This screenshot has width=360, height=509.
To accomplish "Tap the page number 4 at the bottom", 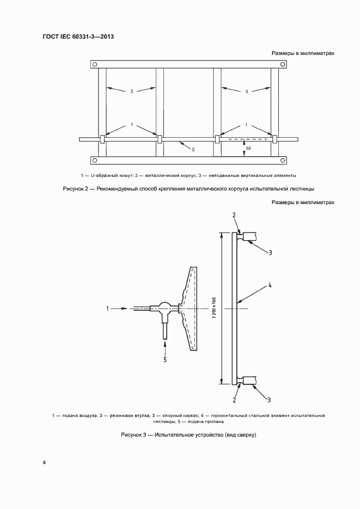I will [45, 463].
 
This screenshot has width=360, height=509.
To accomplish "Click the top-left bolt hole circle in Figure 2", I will [95, 65].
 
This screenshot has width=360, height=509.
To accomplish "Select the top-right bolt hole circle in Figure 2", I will [283, 65].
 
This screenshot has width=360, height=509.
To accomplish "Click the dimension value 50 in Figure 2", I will [248, 148].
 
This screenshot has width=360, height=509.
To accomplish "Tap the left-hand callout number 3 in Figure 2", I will [131, 91].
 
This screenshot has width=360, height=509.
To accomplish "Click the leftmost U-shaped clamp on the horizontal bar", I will [102, 139].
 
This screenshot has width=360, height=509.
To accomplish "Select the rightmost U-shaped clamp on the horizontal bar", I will [274, 139].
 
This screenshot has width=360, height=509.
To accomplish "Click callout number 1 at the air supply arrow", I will [108, 309].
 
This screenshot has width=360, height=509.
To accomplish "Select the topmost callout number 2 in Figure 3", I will [234, 215].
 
